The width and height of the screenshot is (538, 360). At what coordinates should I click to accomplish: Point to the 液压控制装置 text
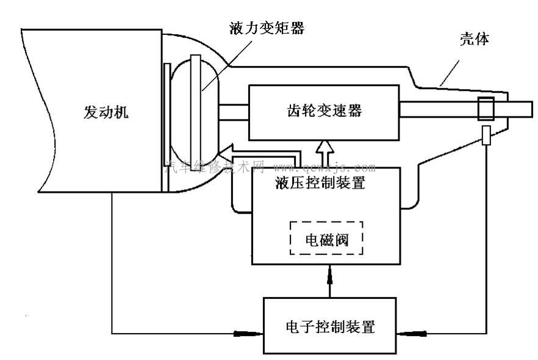click(321, 184)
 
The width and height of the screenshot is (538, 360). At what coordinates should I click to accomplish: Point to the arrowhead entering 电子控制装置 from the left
click(250, 333)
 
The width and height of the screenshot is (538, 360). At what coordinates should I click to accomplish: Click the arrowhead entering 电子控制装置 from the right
click(410, 333)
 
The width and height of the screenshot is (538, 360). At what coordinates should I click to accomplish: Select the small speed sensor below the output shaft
click(486, 135)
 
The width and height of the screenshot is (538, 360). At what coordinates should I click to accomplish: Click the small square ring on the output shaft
click(487, 109)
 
